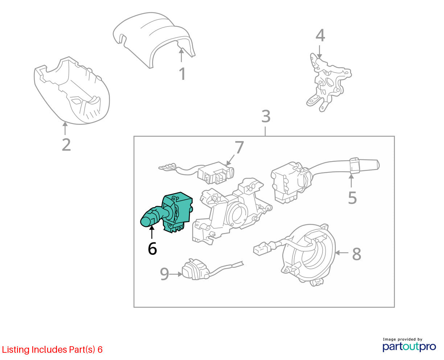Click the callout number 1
point(182,74)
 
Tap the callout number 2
point(66,145)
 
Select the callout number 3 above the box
point(266,116)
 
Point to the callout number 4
point(320,36)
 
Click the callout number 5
point(353,198)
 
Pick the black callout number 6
point(152,249)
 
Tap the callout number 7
point(239,147)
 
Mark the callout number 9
point(164,274)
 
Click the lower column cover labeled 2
point(72,91)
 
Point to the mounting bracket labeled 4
point(328,82)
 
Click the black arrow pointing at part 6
point(152,232)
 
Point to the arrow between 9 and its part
point(176,274)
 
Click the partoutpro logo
point(409,347)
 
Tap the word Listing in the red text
point(16,350)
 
